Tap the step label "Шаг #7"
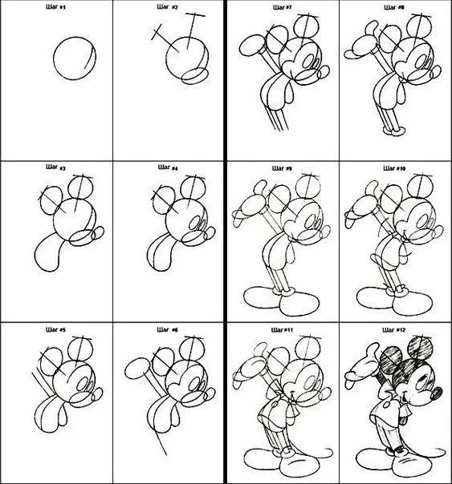pyautogui.click(x=283, y=7)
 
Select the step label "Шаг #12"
pyautogui.click(x=395, y=329)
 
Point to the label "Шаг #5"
pyautogui.click(x=56, y=330)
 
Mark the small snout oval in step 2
pyautogui.click(x=193, y=75)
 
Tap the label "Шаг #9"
pyautogui.click(x=283, y=169)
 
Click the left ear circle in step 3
pyautogui.click(x=50, y=196)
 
